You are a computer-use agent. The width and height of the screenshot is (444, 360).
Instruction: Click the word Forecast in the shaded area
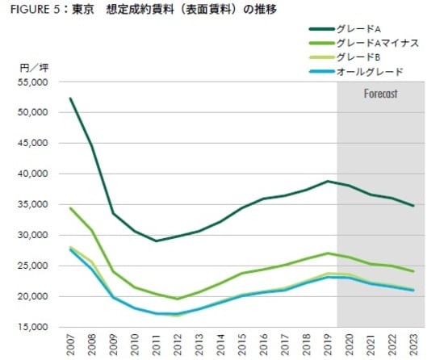coord(380,94)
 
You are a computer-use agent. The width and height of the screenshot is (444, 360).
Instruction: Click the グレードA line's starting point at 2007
coord(71,98)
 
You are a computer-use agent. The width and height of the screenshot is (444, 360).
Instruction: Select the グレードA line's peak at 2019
coord(326,182)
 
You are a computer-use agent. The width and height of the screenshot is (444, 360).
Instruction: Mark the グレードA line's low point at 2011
coord(157,241)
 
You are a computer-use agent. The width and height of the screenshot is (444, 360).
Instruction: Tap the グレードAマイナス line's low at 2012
coord(178,299)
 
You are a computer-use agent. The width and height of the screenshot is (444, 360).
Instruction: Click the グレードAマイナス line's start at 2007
coord(71,208)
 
